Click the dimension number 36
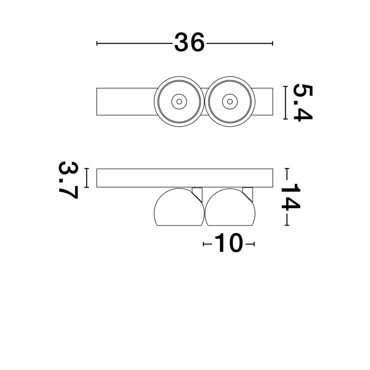click(189, 42)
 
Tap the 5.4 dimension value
click(302, 103)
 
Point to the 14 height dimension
click(290, 196)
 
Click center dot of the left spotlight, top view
click(179, 101)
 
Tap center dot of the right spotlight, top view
click(230, 101)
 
